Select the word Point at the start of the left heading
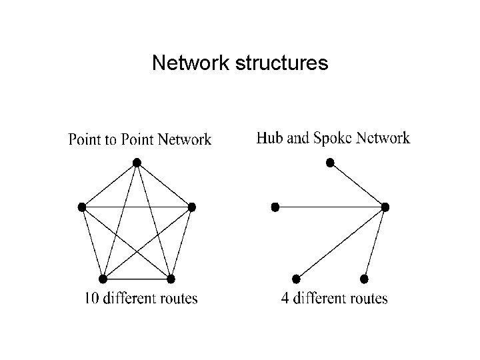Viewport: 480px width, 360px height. (x=85, y=140)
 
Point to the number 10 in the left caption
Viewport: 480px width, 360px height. (x=92, y=298)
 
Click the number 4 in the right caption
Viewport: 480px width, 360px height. (x=285, y=298)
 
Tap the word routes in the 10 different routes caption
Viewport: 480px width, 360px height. (x=177, y=298)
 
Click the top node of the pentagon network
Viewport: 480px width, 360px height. (x=137, y=162)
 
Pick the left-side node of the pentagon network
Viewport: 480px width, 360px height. (x=82, y=207)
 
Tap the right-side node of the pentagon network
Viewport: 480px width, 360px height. (x=192, y=207)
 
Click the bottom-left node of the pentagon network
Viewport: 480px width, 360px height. (x=103, y=278)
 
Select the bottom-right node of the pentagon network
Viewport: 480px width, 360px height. (x=171, y=278)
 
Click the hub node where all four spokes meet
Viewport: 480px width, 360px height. (x=385, y=207)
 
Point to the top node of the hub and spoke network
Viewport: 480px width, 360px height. (x=329, y=162)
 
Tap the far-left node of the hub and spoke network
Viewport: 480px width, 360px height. (x=275, y=207)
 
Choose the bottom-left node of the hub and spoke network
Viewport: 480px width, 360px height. (x=295, y=278)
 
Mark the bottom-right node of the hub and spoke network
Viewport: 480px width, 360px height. (x=364, y=278)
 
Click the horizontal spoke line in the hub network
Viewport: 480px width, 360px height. (x=330, y=207)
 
